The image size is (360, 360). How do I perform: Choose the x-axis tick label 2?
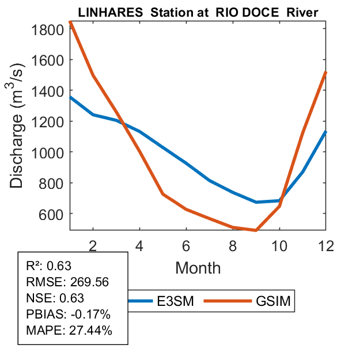[x=93, y=245]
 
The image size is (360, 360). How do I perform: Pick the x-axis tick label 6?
[x=186, y=245]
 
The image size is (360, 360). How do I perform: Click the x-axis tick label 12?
[x=325, y=245]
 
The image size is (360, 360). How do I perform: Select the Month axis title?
[x=198, y=267]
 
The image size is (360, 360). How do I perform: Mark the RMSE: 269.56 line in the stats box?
[x=67, y=282]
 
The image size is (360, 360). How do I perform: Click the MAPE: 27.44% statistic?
[x=69, y=331]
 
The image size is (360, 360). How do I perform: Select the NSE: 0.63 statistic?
[x=55, y=298]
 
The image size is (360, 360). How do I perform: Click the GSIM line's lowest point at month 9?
[x=256, y=230]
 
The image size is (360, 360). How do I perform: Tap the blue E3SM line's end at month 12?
[x=325, y=132]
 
